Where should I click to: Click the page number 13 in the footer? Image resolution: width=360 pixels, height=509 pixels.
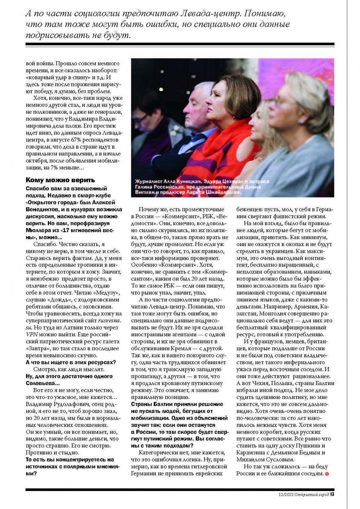click(332, 494)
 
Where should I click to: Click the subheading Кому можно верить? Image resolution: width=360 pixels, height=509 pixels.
click(60, 180)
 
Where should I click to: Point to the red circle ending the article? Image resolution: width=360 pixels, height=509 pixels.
click(327, 474)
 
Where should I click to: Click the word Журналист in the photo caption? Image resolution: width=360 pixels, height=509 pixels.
click(147, 182)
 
